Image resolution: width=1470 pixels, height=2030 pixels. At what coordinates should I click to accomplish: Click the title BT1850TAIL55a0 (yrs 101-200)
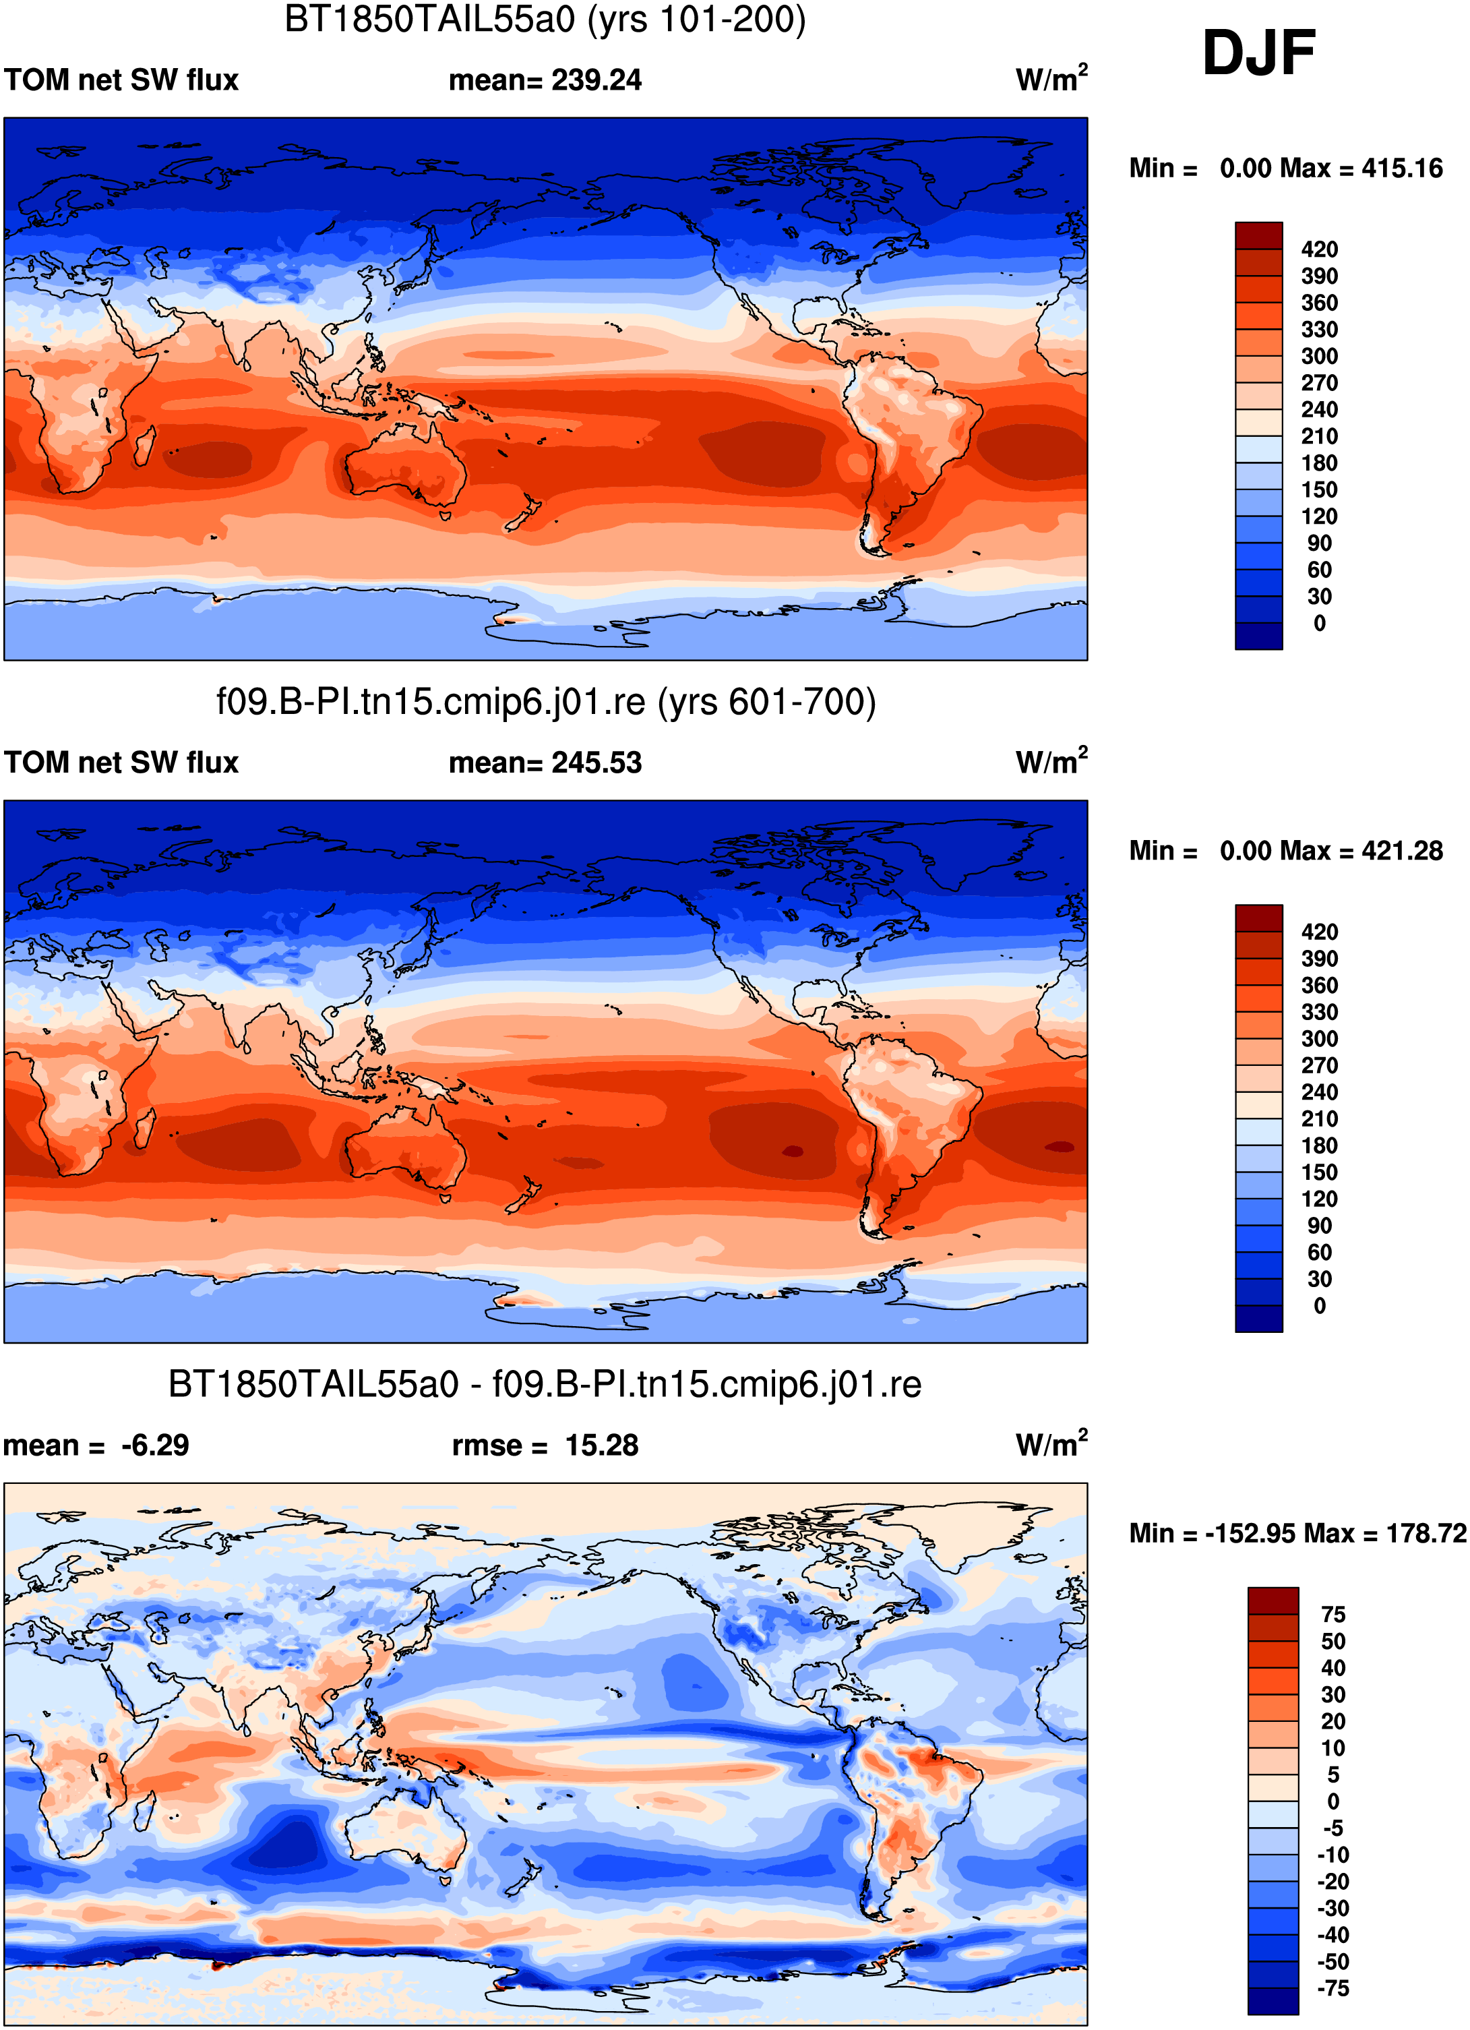coord(545,19)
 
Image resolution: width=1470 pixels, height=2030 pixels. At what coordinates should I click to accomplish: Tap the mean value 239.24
coord(596,80)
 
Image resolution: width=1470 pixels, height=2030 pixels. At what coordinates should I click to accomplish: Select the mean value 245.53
coord(596,763)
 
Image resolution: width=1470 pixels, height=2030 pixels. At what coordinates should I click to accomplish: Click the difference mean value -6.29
coord(155,1445)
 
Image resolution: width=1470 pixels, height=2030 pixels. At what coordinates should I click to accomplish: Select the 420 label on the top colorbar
coord(1320,249)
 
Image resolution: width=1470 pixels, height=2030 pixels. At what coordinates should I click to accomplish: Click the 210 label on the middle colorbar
coord(1320,1119)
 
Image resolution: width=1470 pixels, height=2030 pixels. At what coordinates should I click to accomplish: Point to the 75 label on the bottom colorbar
coord(1333,1615)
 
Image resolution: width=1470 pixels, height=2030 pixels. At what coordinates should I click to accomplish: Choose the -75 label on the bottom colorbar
coord(1333,1989)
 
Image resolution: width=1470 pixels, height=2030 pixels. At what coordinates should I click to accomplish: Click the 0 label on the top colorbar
coord(1320,623)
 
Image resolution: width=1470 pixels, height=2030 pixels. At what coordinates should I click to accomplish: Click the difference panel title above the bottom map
coord(545,1385)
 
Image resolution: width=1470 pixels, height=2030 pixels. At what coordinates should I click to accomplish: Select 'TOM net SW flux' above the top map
coord(122,80)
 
